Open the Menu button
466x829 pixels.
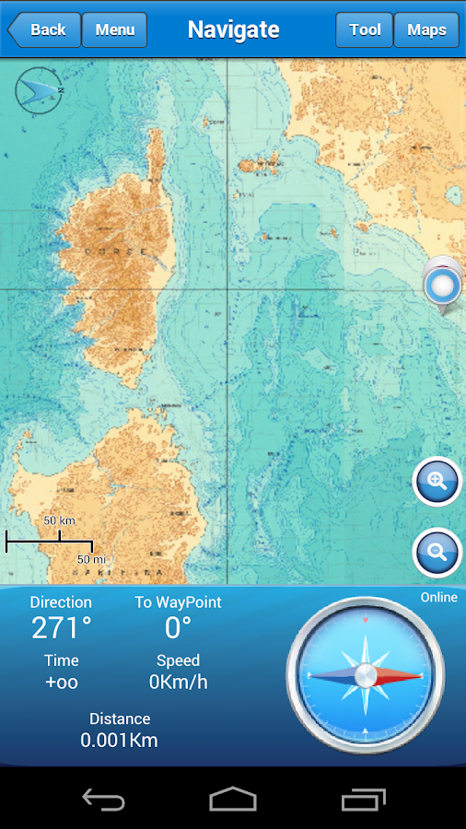tap(115, 29)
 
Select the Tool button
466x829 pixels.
tap(365, 29)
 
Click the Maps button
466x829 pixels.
tap(426, 29)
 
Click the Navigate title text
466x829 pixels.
tap(233, 29)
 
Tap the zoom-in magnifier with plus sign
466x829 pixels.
tap(437, 481)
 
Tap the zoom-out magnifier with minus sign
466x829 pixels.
tap(437, 553)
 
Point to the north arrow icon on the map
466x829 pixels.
tap(39, 90)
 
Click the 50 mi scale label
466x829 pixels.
tap(91, 559)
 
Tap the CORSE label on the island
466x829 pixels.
tap(129, 251)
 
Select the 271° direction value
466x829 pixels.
tap(61, 628)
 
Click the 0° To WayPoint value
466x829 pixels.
tap(178, 628)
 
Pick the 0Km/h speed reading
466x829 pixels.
tap(178, 683)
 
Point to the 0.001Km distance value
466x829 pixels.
tap(119, 740)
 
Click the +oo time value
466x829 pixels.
tap(61, 683)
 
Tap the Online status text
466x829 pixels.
tap(438, 598)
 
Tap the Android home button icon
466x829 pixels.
tap(233, 799)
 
